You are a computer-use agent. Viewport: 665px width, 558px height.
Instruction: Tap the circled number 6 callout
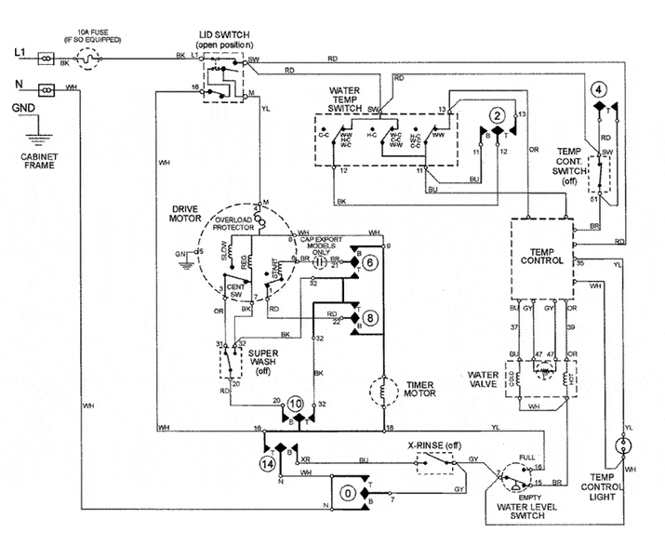[x=371, y=263]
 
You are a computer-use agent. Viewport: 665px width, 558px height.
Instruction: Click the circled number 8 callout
[x=371, y=318]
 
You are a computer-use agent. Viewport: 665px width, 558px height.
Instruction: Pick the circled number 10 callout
[x=295, y=405]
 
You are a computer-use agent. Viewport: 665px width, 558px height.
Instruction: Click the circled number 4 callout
[x=600, y=89]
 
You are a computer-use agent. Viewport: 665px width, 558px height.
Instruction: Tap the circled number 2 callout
[x=499, y=115]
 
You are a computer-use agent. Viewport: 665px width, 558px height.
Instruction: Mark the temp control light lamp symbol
[x=624, y=445]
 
